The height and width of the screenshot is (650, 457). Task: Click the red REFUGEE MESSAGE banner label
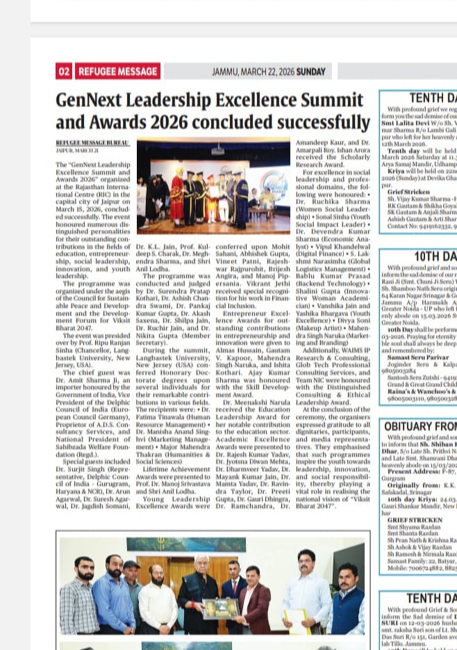pos(117,71)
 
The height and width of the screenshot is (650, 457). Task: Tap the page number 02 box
pos(64,71)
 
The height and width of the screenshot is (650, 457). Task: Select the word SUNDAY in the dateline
pos(310,72)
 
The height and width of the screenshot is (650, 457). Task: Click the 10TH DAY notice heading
pos(435,257)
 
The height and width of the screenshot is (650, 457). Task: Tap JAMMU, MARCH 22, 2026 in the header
pos(253,72)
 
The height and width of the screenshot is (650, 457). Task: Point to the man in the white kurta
pos(158,598)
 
